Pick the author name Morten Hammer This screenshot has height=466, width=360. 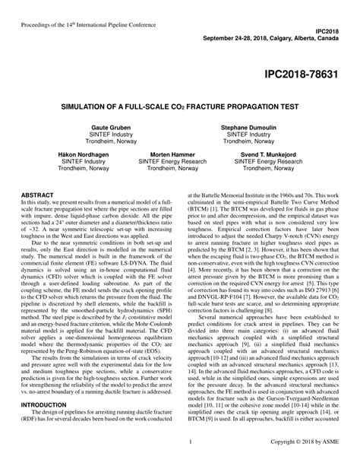point(178,154)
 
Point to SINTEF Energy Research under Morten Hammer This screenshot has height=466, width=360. point(178,161)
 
